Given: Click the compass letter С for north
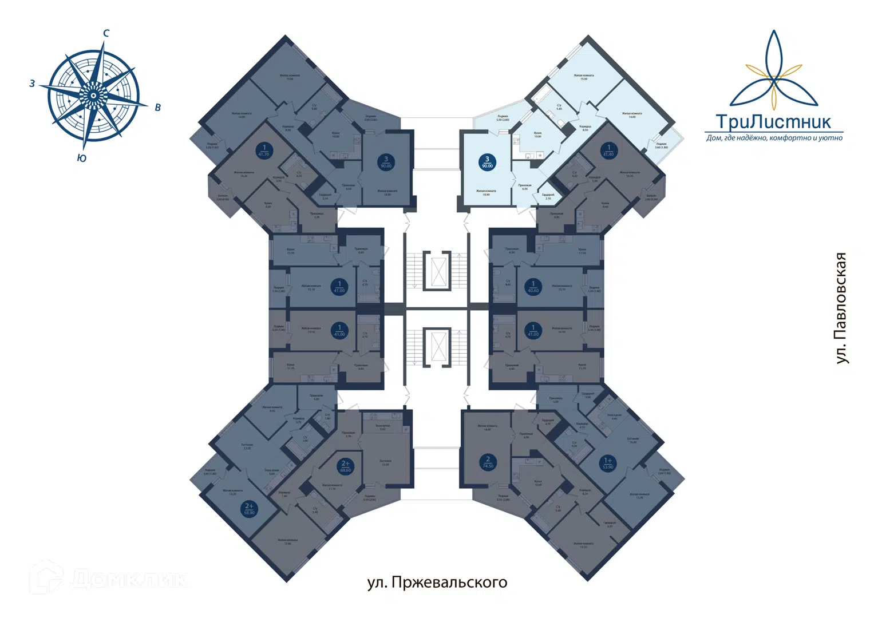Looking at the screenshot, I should pos(106,33).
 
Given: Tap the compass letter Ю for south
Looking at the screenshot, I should pos(82,158).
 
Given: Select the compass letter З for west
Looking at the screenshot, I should pos(32,84).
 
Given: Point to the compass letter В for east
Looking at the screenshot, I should pos(158,107).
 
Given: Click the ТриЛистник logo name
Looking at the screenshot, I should pos(773,122).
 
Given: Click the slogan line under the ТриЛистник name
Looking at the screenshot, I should pos(774,138).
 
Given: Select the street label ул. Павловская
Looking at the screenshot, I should pos(840,308).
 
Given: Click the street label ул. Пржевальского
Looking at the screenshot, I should pos(437,583).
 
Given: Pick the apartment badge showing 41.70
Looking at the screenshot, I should pos(264,150).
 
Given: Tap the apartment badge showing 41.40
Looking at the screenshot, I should pos(608,150).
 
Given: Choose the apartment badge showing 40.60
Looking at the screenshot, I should pos(533,287).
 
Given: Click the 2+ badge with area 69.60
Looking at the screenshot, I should pos(345,466).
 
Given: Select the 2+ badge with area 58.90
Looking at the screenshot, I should pos(249,509).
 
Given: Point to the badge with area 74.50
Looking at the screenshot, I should pos(488,462).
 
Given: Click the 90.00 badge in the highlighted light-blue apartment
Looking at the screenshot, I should pos(487,163).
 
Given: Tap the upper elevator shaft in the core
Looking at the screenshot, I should pos(438,271).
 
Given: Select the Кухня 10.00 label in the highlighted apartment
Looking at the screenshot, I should pos(537,134).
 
